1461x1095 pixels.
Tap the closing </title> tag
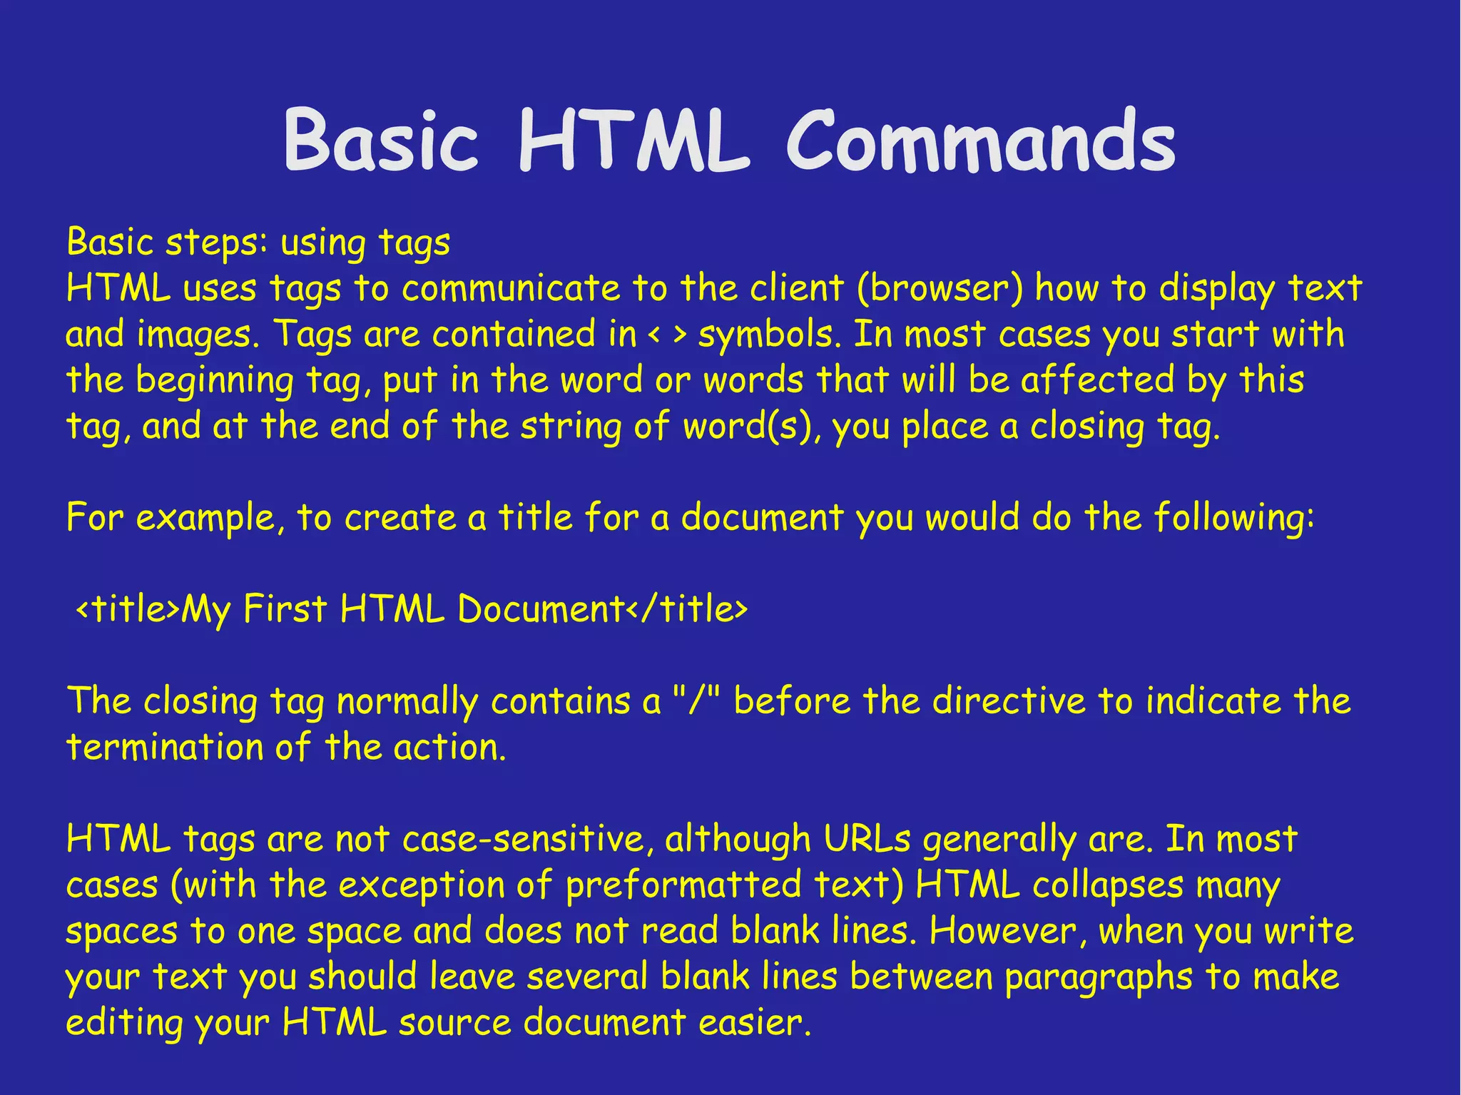click(x=687, y=609)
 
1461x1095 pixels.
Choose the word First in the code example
click(x=285, y=609)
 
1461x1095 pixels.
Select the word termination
click(x=165, y=748)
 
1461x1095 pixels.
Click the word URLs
click(x=867, y=839)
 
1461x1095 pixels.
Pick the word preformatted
click(x=683, y=885)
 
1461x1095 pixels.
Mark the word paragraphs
click(x=1099, y=977)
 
